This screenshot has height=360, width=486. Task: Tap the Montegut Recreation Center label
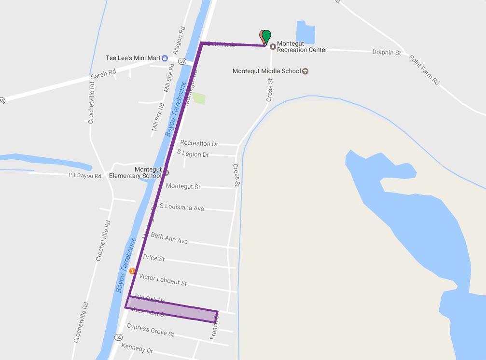(302, 46)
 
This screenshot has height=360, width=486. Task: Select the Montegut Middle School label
(266, 71)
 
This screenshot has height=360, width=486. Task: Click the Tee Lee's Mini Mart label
(133, 58)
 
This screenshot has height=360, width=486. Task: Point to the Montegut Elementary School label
(135, 173)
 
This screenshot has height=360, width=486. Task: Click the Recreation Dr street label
(199, 143)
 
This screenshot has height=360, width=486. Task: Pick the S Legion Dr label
(193, 154)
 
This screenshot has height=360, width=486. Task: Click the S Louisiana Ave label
(181, 207)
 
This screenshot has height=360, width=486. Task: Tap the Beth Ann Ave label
(169, 238)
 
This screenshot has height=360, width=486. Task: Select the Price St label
(153, 258)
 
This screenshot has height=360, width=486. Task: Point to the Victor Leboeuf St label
(163, 279)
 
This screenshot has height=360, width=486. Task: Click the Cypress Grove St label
(150, 331)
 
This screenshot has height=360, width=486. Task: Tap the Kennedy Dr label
(137, 348)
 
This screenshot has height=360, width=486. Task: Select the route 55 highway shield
(119, 337)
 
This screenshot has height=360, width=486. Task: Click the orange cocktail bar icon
(131, 271)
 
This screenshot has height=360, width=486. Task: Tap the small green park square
(199, 98)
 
